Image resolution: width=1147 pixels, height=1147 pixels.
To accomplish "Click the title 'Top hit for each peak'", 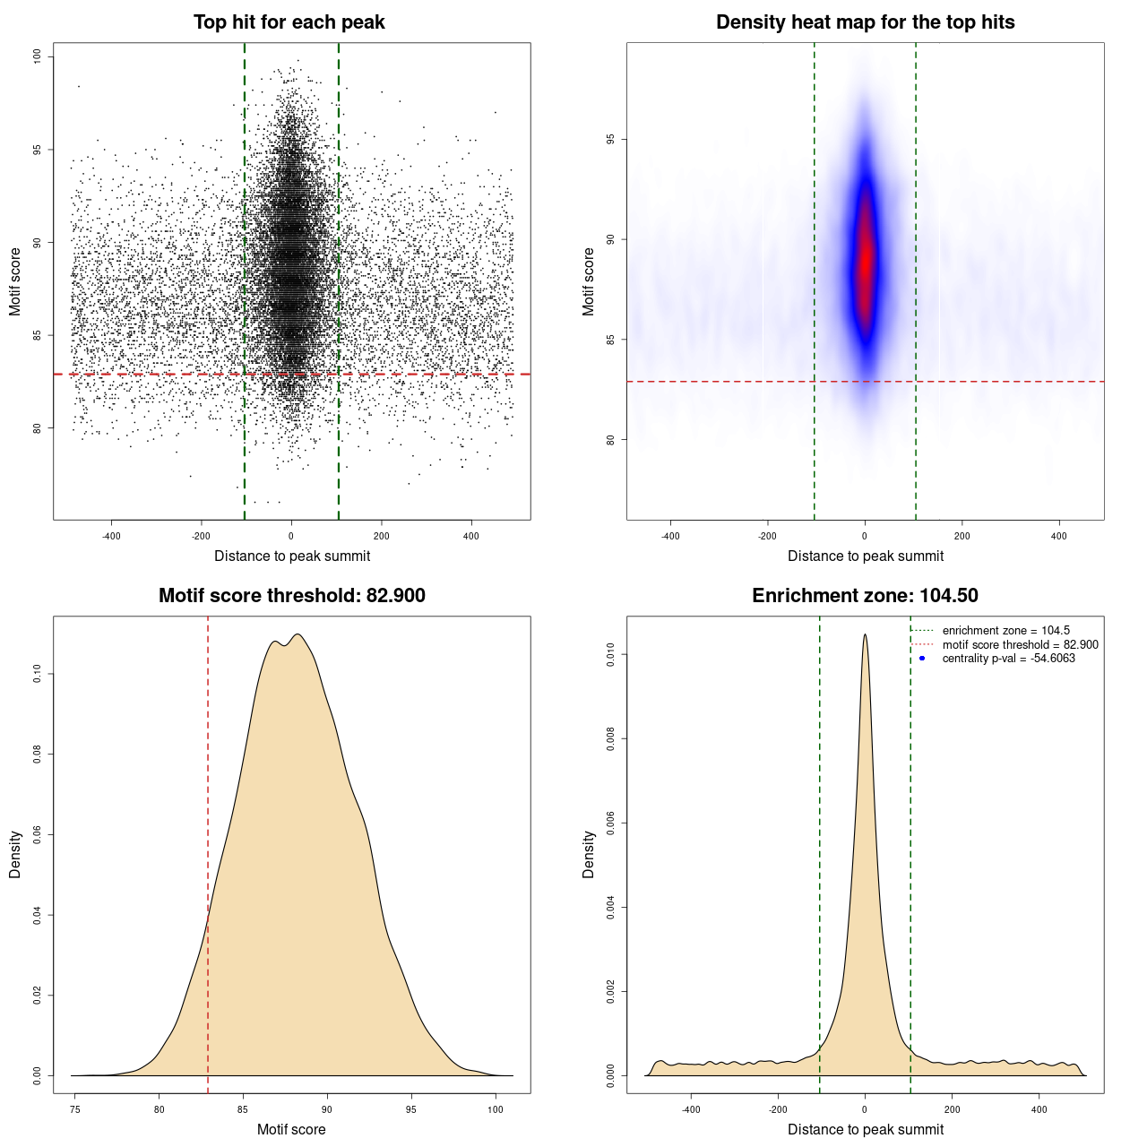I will [289, 22].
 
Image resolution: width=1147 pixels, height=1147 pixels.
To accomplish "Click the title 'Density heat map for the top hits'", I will [865, 22].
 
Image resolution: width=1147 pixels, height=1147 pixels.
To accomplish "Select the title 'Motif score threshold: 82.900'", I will [291, 596].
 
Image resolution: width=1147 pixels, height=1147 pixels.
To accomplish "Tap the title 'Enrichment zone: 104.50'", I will [865, 596].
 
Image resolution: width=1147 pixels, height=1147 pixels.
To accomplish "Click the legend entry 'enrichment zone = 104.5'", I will [1005, 631].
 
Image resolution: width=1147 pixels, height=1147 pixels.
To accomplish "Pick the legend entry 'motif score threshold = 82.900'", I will [1020, 645].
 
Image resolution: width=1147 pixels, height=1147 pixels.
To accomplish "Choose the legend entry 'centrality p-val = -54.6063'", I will [1008, 659].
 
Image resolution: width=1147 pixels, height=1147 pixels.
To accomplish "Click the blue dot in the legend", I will [922, 659].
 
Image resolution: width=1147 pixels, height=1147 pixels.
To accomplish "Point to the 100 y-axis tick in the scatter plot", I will [37, 56].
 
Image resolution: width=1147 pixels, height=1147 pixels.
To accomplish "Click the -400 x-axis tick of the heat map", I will [670, 536].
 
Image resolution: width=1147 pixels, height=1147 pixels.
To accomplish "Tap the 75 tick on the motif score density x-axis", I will [75, 1109].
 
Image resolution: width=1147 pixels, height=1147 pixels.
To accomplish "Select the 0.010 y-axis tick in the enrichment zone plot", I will [610, 655].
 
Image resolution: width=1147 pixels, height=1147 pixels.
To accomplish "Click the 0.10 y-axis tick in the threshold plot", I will [37, 674].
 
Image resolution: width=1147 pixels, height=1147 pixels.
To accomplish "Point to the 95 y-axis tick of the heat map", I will [610, 139].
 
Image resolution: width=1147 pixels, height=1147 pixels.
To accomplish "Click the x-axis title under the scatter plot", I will [291, 556].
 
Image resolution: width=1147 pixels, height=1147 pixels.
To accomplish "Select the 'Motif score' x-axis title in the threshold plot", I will [291, 1129].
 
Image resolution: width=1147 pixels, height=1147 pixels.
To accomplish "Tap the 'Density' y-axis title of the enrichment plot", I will [589, 854].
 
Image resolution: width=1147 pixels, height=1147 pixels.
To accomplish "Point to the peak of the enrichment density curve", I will [865, 635].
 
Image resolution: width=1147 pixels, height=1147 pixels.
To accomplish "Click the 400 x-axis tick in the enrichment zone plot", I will [1039, 1109].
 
